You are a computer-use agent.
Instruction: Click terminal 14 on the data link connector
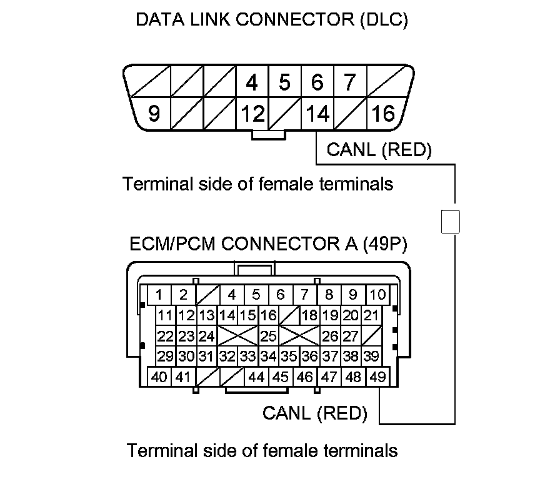317,114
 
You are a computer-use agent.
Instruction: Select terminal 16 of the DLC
383,114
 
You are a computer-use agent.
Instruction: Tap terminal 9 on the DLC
154,114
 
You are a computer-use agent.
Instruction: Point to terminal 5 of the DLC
285,82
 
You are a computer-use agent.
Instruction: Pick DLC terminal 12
252,114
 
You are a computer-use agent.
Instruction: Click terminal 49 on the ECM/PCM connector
377,376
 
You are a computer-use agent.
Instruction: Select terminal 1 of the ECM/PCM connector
159,295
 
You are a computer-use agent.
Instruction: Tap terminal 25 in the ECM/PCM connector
268,336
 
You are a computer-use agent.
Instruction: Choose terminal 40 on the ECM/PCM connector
159,376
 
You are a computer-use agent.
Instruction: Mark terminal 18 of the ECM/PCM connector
309,315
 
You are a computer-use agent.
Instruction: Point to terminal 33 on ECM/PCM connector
248,357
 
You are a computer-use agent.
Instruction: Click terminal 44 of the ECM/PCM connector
256,376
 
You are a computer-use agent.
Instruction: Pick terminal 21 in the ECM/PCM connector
371,315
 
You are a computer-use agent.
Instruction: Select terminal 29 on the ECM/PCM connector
165,357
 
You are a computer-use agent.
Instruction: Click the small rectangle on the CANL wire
451,222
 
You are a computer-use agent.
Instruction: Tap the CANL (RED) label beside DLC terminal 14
379,149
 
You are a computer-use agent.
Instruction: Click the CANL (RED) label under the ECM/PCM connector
314,413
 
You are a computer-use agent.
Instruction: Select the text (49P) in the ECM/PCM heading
384,243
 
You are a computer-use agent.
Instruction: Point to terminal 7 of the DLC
350,82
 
